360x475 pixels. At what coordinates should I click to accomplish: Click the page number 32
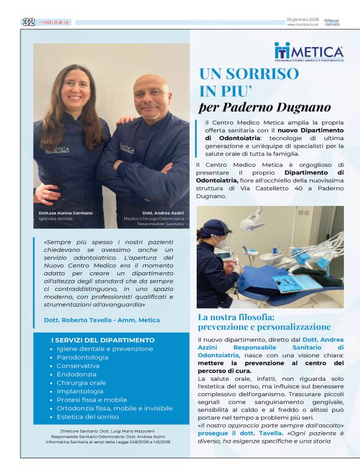click(28, 22)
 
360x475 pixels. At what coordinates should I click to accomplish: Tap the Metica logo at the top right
click(308, 52)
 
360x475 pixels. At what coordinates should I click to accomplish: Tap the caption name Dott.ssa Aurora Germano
click(66, 213)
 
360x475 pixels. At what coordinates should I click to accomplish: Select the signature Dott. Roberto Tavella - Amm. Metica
click(102, 320)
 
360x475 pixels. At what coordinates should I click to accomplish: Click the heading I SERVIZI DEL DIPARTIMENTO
click(103, 340)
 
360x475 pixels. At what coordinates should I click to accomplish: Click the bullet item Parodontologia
click(83, 357)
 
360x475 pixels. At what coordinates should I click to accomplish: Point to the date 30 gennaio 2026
click(303, 20)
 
